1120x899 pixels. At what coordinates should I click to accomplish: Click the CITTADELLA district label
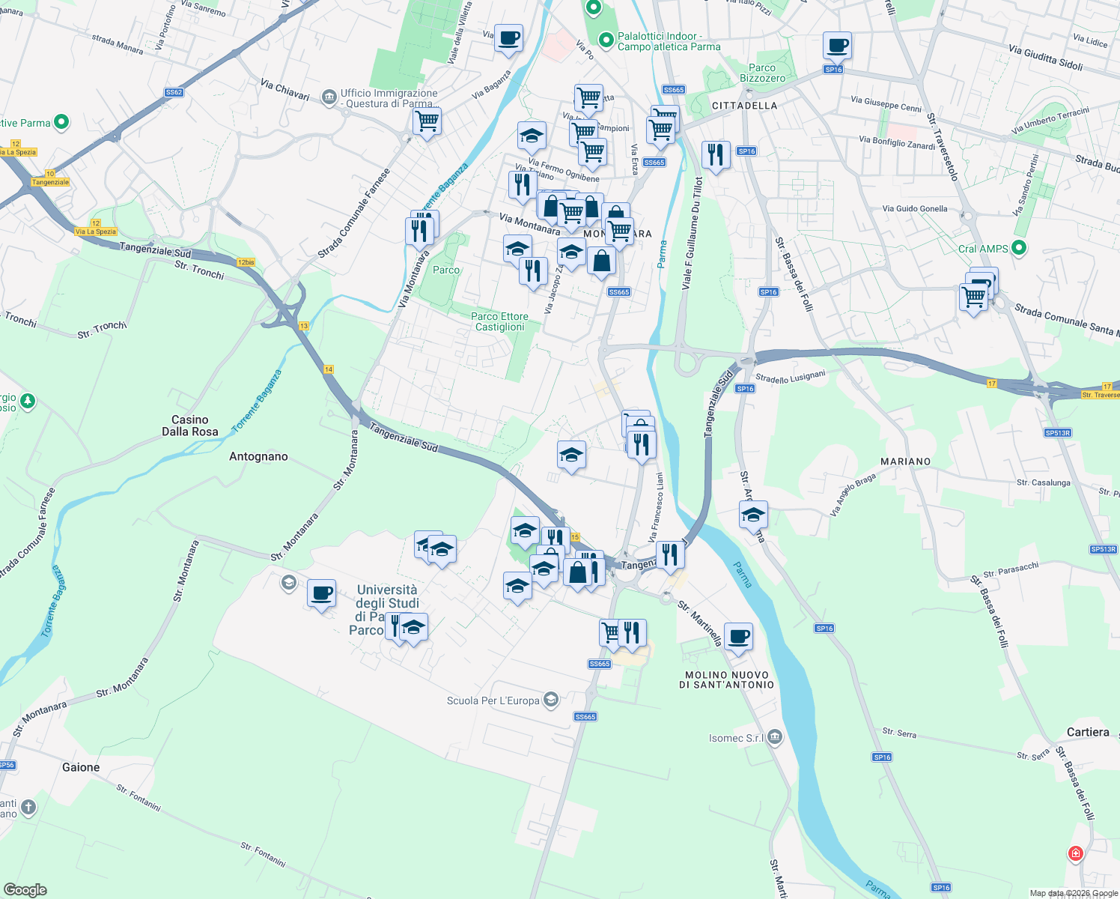click(744, 106)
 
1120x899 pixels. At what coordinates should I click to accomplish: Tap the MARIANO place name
click(905, 461)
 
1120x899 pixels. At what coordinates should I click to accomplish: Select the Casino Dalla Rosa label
click(190, 426)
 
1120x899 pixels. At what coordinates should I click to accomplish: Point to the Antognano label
click(258, 456)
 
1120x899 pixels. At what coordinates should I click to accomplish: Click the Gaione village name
click(81, 767)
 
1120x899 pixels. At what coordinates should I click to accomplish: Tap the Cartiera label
click(1088, 732)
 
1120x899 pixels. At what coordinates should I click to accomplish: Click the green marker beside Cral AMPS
click(1018, 248)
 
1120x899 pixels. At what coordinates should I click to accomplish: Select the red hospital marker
click(1075, 853)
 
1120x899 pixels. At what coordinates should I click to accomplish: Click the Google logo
click(25, 890)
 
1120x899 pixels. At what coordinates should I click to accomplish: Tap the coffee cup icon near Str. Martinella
click(738, 637)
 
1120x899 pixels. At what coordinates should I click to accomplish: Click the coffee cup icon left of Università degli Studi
click(322, 594)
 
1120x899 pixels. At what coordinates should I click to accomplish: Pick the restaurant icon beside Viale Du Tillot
click(716, 155)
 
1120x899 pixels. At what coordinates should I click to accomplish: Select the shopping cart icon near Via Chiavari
click(427, 121)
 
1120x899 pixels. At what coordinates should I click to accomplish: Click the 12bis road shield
click(246, 262)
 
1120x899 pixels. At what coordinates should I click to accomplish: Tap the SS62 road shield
click(174, 92)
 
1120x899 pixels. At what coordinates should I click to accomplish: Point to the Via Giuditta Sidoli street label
click(1045, 58)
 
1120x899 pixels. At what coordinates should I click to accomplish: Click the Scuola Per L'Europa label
click(493, 700)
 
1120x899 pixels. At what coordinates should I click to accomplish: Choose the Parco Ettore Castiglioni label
click(499, 321)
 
